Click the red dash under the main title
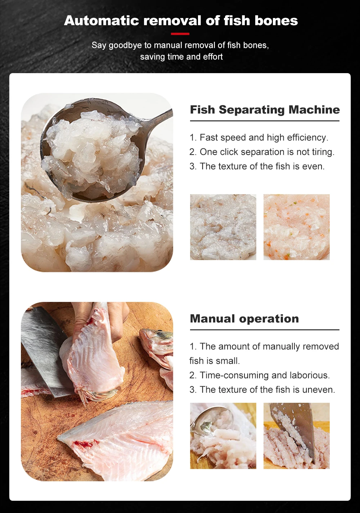(x=180, y=34)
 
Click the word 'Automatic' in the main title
(x=102, y=21)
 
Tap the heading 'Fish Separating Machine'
(x=265, y=110)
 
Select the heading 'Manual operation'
(x=244, y=318)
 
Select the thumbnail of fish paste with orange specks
(x=296, y=227)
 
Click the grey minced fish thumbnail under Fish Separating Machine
(x=223, y=227)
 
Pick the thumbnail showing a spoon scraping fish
(x=223, y=436)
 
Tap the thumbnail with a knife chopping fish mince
(x=296, y=436)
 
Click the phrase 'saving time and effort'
(x=181, y=57)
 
